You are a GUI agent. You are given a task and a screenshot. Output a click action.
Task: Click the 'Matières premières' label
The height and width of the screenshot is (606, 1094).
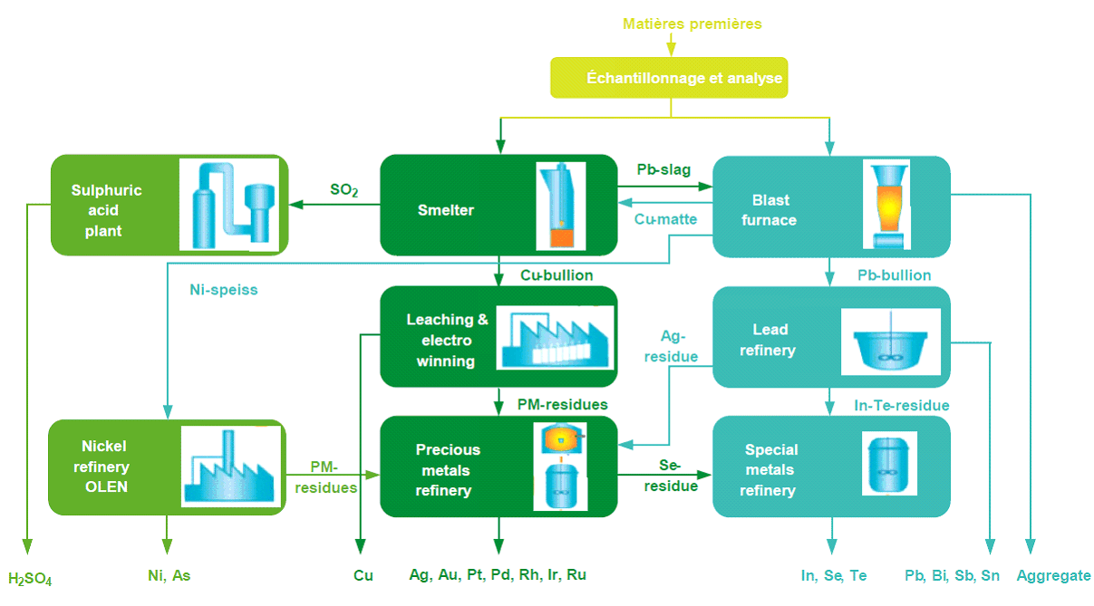(692, 24)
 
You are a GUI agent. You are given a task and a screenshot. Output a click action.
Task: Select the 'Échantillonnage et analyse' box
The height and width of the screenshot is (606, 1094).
(671, 78)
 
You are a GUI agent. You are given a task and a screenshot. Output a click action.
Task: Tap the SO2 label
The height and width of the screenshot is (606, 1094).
(344, 191)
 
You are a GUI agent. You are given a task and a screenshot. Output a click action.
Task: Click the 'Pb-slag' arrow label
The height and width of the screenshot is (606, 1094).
(663, 169)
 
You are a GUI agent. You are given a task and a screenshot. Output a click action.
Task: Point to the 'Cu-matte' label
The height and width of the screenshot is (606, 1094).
(665, 219)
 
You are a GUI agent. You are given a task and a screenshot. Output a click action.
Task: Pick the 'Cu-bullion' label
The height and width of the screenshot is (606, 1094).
(557, 274)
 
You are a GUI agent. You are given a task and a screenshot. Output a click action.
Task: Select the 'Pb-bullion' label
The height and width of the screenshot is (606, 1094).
(894, 274)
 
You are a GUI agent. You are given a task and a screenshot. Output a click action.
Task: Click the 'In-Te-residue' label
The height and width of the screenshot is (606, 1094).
(902, 405)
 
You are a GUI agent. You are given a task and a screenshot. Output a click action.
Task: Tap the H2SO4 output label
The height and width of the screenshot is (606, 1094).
(30, 579)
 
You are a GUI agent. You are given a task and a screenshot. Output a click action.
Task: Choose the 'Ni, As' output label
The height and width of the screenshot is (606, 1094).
(169, 574)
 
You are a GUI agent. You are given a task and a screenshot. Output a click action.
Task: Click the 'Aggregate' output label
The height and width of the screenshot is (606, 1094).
(1053, 575)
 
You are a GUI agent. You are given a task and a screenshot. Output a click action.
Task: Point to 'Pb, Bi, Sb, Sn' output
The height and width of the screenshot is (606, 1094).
(952, 575)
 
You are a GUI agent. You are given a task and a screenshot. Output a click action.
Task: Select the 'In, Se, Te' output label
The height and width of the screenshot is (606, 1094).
(834, 575)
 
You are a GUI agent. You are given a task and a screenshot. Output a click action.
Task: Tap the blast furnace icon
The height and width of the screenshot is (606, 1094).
(886, 205)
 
